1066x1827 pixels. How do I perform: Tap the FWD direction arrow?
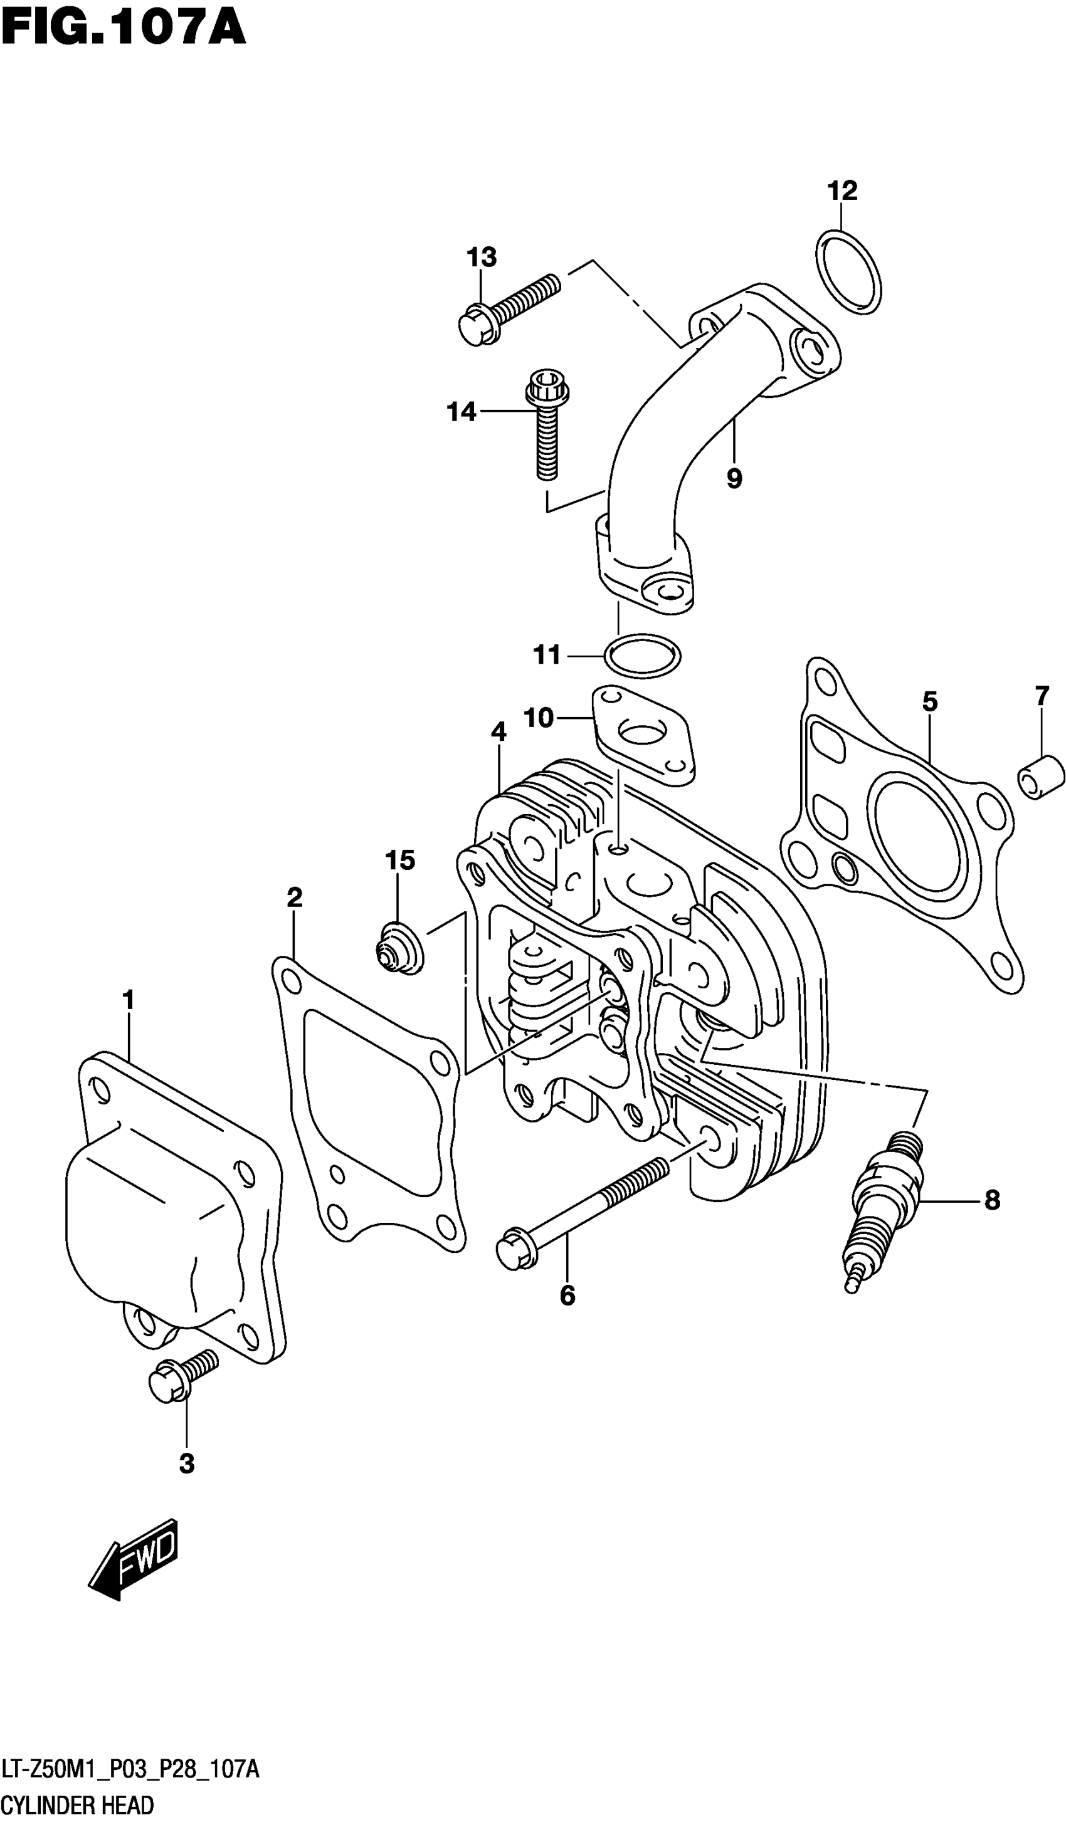pos(135,1560)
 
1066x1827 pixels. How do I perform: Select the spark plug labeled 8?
pos(884,1203)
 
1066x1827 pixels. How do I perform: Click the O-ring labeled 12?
pos(848,272)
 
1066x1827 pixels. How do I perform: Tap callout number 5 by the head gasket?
pos(930,701)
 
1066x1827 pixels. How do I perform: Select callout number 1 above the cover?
pos(129,1000)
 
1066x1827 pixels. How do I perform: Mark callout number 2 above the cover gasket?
pos(293,898)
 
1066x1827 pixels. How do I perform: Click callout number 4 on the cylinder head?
pos(498,731)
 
